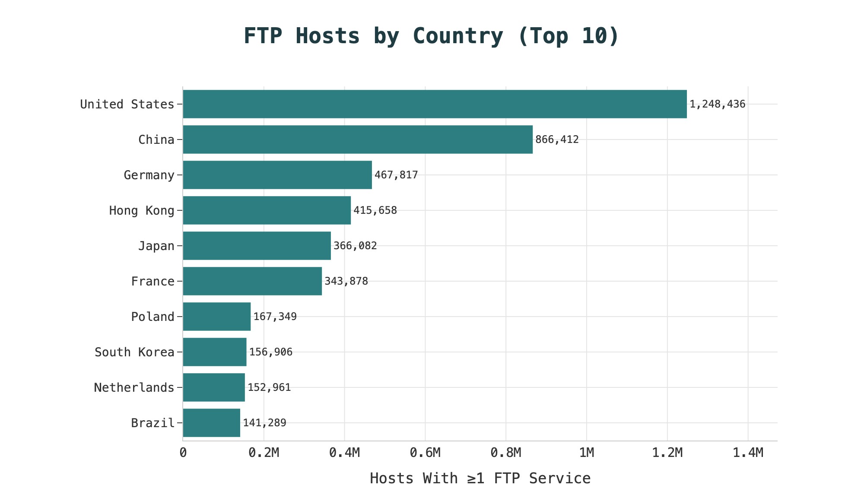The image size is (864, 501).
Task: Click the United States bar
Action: pos(435,104)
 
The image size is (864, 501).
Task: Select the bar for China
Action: pos(358,140)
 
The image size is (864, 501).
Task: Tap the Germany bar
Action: pos(277,175)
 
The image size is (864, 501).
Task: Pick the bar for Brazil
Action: pos(211,423)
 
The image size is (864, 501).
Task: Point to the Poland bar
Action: pos(216,317)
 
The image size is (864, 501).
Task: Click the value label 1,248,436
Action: pos(717,104)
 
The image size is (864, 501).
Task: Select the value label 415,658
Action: pos(375,210)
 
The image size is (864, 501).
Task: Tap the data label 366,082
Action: pos(355,246)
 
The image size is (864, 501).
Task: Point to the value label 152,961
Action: pos(269,387)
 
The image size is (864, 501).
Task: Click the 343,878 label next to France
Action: pos(346,281)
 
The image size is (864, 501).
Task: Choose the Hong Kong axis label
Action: pos(142,210)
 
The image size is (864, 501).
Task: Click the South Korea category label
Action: pos(134,352)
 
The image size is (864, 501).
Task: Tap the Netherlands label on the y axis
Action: pos(134,387)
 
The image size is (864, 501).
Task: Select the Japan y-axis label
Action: pos(156,246)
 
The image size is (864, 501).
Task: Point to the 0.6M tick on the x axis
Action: pos(425,453)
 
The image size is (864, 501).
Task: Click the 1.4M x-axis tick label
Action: pos(748,453)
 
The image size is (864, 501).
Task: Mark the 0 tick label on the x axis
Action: pos(183,453)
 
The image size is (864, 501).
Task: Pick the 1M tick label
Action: pos(587,453)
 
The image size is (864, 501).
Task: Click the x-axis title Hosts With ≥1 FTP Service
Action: pos(480,478)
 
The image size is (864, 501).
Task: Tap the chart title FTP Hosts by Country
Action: pos(432,36)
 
